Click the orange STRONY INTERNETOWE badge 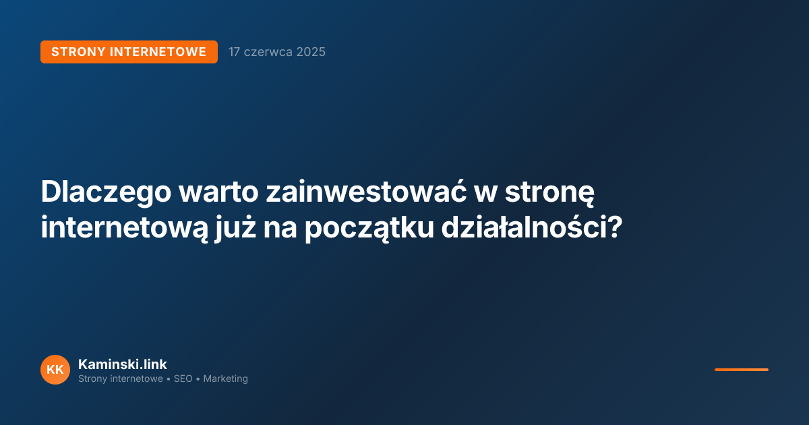click(129, 52)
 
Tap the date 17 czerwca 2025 click(276, 52)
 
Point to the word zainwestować click(358, 193)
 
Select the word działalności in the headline click(523, 228)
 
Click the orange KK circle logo click(55, 370)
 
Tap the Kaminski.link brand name click(122, 364)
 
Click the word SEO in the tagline click(183, 379)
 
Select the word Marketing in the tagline click(225, 379)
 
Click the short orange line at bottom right click(741, 370)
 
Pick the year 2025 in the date click(311, 52)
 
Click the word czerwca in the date click(268, 52)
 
